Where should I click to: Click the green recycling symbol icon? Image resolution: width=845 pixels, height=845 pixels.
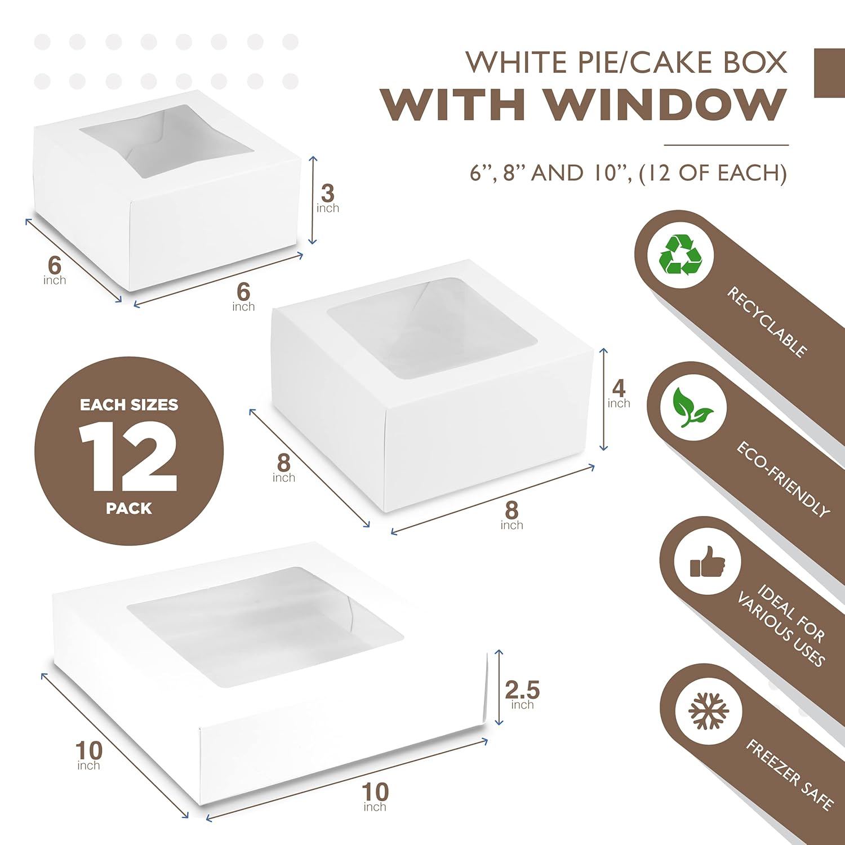(681, 255)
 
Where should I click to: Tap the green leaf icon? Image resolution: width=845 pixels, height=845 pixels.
(692, 407)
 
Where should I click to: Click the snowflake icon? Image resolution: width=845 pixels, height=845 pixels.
(709, 710)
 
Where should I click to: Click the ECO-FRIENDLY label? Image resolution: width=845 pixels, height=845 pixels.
(783, 479)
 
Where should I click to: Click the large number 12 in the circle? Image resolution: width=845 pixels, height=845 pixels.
(128, 456)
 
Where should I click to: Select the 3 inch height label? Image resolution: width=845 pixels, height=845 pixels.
(328, 198)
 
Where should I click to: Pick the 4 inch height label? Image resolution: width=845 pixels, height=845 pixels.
(619, 393)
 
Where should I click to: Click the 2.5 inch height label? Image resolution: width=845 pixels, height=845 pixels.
(522, 694)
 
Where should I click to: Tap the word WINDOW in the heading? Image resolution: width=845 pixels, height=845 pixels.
(665, 105)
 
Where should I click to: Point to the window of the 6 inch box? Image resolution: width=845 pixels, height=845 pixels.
(167, 141)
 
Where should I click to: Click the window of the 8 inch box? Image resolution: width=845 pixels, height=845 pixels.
(433, 328)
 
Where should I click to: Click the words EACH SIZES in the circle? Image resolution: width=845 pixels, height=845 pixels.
(129, 405)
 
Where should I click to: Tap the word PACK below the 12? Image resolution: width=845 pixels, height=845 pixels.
(129, 509)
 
